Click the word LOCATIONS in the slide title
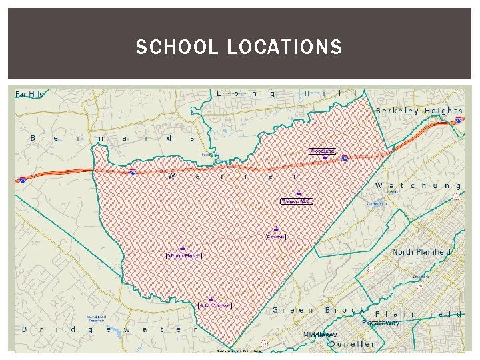285,47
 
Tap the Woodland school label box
321,151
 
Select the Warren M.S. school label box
295,201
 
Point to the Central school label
276,236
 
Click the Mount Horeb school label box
183,255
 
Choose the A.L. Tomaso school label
214,305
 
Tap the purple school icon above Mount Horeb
182,248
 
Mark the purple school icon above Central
275,228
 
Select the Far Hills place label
29,94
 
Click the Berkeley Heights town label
419,111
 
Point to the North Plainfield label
421,252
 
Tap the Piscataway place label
381,323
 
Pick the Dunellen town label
353,344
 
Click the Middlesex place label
320,335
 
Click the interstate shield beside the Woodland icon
345,158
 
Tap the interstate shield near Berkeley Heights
459,120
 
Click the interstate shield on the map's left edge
23,179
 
